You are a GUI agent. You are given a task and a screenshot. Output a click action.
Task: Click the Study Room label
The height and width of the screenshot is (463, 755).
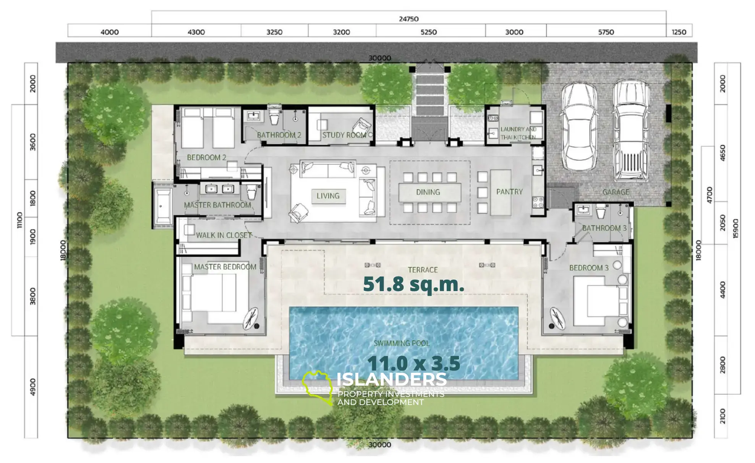tap(344, 135)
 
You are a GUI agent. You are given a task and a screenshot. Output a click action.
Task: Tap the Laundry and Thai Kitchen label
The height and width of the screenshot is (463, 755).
tap(518, 133)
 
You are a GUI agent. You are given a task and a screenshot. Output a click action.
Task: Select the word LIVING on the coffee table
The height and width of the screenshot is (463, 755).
tap(328, 196)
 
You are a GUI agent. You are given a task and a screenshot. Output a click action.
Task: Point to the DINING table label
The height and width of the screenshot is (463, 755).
tap(428, 192)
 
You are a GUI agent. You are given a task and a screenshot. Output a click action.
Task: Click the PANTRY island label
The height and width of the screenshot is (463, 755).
tap(509, 192)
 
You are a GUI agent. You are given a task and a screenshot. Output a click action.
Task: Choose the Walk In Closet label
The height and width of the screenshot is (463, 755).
tap(224, 235)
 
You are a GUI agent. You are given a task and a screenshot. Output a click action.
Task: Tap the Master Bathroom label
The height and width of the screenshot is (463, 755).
tap(217, 205)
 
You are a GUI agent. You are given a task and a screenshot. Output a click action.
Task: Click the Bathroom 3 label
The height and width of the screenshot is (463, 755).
tap(604, 228)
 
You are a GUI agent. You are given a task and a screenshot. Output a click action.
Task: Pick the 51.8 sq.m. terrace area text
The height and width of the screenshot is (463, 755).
tap(413, 285)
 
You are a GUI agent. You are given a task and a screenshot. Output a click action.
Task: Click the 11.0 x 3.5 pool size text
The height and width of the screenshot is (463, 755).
tap(414, 363)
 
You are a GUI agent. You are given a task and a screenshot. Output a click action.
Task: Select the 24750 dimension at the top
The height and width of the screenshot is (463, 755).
tap(409, 19)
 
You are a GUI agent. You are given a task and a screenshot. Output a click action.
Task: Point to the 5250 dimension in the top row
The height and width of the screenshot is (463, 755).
tap(429, 32)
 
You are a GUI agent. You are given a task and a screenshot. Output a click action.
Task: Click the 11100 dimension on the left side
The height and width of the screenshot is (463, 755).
tap(19, 220)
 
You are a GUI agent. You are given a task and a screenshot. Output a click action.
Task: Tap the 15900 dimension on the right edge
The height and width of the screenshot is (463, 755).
tap(736, 228)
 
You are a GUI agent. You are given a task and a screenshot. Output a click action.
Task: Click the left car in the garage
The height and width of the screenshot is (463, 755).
tap(579, 127)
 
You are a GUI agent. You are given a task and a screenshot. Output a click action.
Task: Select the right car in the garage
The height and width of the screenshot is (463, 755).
tap(631, 130)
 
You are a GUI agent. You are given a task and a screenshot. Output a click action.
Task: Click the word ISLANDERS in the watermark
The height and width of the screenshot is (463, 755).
tap(392, 380)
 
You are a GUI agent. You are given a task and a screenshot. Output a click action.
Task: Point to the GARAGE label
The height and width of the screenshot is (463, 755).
tap(616, 192)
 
